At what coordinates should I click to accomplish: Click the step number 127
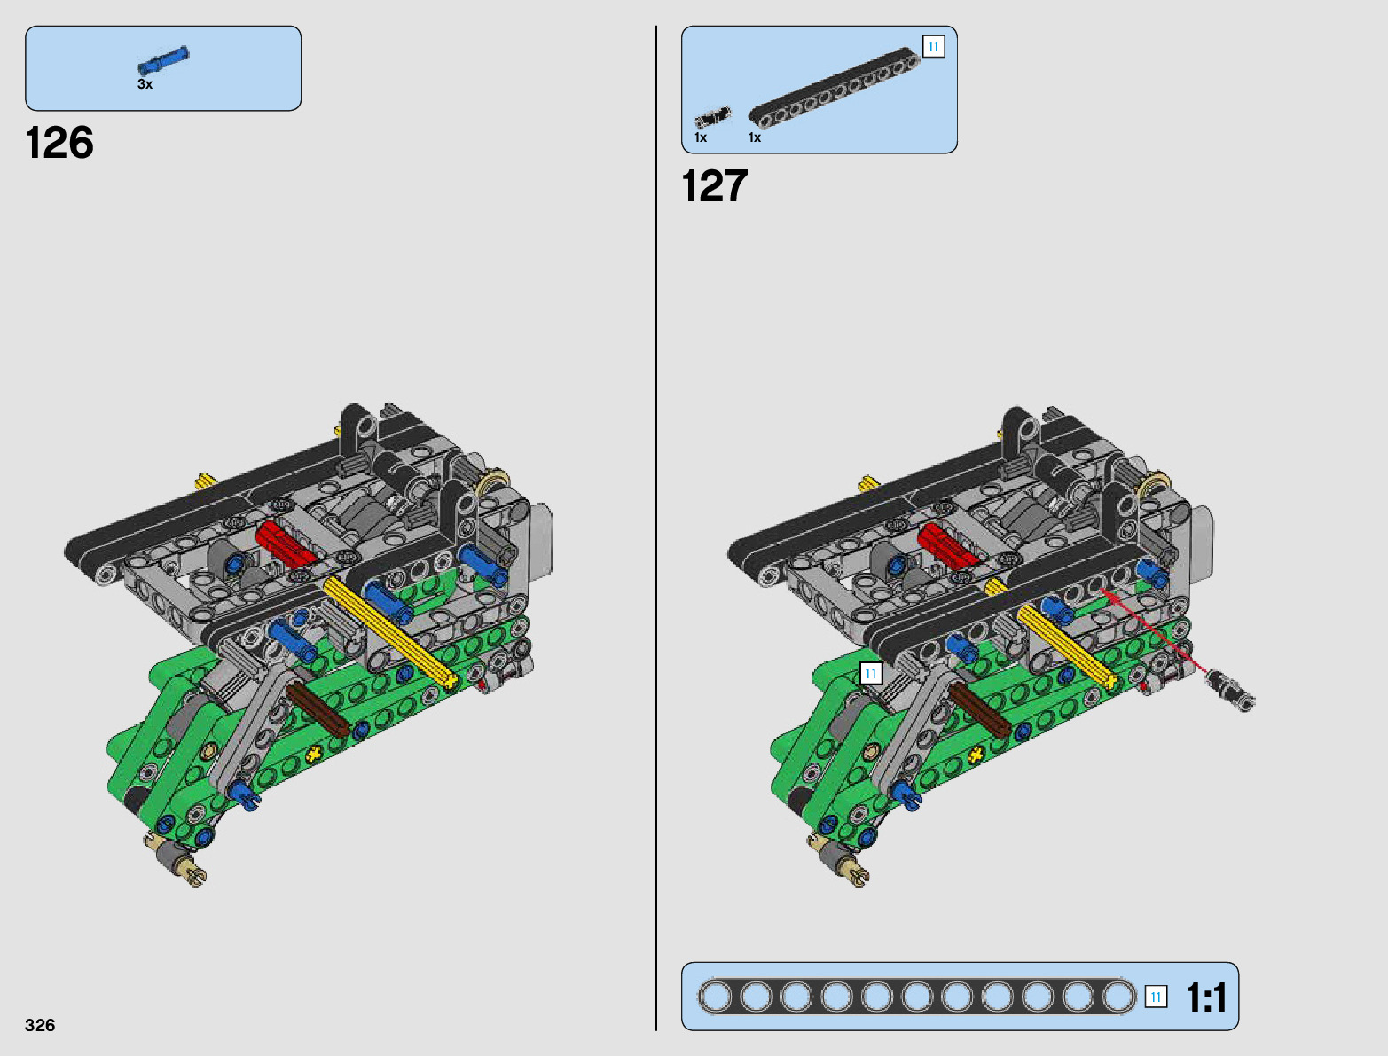(x=715, y=186)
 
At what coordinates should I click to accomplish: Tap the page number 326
(x=40, y=1025)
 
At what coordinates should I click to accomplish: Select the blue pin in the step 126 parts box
(x=163, y=60)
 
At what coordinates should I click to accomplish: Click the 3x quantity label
(x=145, y=84)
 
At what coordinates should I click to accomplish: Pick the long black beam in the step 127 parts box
(x=835, y=86)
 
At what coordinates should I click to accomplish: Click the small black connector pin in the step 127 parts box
(x=713, y=118)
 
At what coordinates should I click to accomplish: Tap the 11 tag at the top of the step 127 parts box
(x=933, y=47)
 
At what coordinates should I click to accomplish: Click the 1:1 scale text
(x=1206, y=997)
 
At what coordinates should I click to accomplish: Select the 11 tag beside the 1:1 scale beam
(x=1156, y=997)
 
